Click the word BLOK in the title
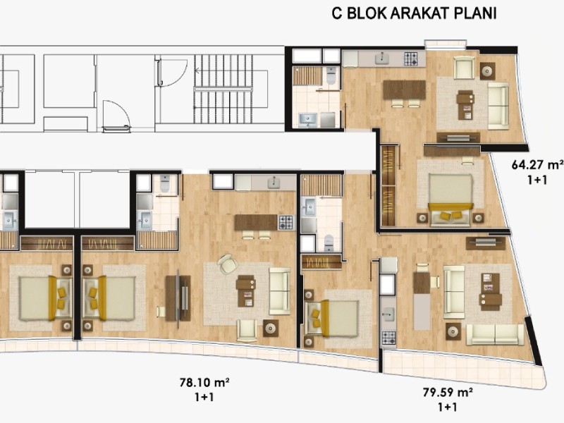pos(367,13)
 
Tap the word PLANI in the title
pos(475,13)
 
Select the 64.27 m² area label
pos(537,165)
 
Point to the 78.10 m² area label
pos(204,382)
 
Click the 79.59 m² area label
pos(448,392)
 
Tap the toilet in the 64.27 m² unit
pos(331,75)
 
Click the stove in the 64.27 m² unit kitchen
pos(411,59)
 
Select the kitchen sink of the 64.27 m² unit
pos(382,59)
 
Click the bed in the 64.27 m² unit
pos(451,200)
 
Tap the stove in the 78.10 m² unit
pos(286,223)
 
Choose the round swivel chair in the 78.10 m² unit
pos(227,264)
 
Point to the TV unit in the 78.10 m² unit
pos(178,298)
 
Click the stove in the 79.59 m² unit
pos(388,338)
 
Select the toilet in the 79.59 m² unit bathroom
pos(329,243)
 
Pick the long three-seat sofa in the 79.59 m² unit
pos(495,334)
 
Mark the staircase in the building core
pos(231,89)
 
